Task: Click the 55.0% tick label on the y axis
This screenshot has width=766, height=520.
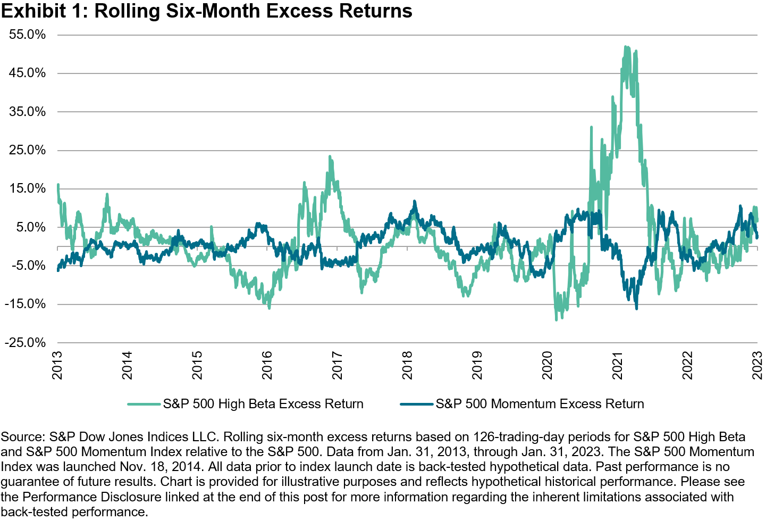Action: click(x=27, y=35)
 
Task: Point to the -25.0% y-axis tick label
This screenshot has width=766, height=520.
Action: click(x=25, y=343)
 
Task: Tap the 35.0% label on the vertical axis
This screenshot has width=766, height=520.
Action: click(x=27, y=112)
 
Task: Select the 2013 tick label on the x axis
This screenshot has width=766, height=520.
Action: click(x=57, y=365)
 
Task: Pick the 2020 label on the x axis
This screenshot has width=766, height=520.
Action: click(x=548, y=365)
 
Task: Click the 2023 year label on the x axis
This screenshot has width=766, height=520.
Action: click(x=757, y=365)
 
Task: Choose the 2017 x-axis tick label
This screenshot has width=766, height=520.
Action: click(x=337, y=365)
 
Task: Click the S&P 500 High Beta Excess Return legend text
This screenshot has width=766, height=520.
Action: click(x=263, y=404)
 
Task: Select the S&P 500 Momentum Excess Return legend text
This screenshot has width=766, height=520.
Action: click(x=540, y=404)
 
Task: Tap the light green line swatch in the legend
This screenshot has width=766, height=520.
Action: click(x=144, y=405)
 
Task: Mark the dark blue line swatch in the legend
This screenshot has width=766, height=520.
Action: click(x=417, y=405)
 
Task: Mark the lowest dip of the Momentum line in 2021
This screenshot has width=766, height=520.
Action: click(x=636, y=308)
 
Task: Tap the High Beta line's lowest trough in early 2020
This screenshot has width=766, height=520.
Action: click(x=556, y=319)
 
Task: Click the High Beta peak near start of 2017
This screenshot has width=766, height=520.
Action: click(x=330, y=157)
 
